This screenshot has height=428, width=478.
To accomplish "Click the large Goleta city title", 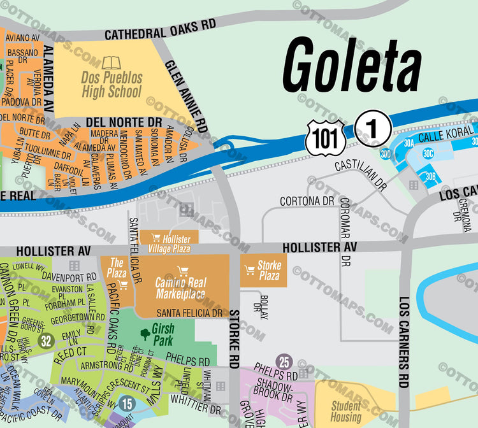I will tap(352, 66).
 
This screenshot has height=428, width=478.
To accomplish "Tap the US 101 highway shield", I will tap(325, 138).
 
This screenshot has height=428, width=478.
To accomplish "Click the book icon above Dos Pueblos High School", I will tap(111, 63).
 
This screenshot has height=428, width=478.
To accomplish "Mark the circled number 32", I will tap(45, 341).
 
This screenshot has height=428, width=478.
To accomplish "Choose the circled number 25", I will tap(284, 362).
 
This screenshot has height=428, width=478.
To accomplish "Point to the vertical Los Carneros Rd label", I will tap(404, 342).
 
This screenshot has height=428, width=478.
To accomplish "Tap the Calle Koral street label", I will tap(446, 136).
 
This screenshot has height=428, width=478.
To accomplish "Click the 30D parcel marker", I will tap(386, 153).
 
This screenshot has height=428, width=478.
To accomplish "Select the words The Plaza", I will tap(118, 267).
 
